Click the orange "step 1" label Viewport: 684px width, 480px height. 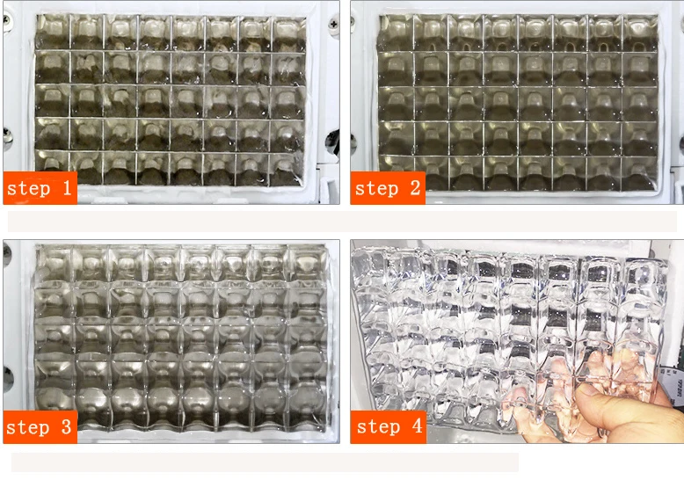pos(40,187)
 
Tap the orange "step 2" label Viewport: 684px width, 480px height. pos(388,187)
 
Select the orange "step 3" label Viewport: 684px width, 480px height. pos(40,427)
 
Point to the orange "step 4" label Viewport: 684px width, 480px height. pos(388,427)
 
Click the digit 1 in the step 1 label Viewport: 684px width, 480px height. pos(65,187)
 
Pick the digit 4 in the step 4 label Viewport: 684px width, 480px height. pos(416,427)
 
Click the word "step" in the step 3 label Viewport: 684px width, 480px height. pos(28,428)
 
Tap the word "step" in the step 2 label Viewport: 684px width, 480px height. pos(376,188)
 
